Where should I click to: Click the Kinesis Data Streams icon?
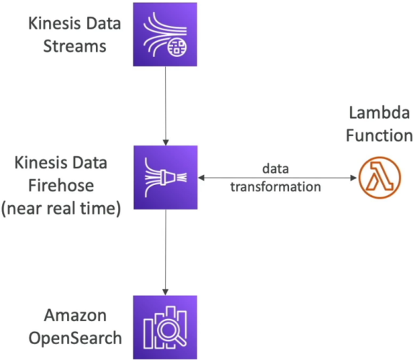(165, 35)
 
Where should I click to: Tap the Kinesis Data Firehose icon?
(166, 177)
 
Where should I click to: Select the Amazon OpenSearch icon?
(165, 327)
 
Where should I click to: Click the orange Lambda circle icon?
(380, 178)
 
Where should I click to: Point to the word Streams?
(75, 46)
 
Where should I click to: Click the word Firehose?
(61, 185)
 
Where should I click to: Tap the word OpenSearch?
(75, 338)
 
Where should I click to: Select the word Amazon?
(75, 315)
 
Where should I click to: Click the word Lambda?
(380, 112)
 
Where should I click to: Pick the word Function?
(379, 135)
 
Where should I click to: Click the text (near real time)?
(61, 208)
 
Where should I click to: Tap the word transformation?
(275, 186)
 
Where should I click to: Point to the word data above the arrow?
(275, 168)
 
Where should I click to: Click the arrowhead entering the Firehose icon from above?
(166, 143)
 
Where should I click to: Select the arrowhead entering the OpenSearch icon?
(165, 292)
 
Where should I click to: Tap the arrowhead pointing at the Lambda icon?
(353, 178)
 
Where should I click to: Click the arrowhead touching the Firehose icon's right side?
(201, 178)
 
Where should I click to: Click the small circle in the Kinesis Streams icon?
(177, 48)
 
